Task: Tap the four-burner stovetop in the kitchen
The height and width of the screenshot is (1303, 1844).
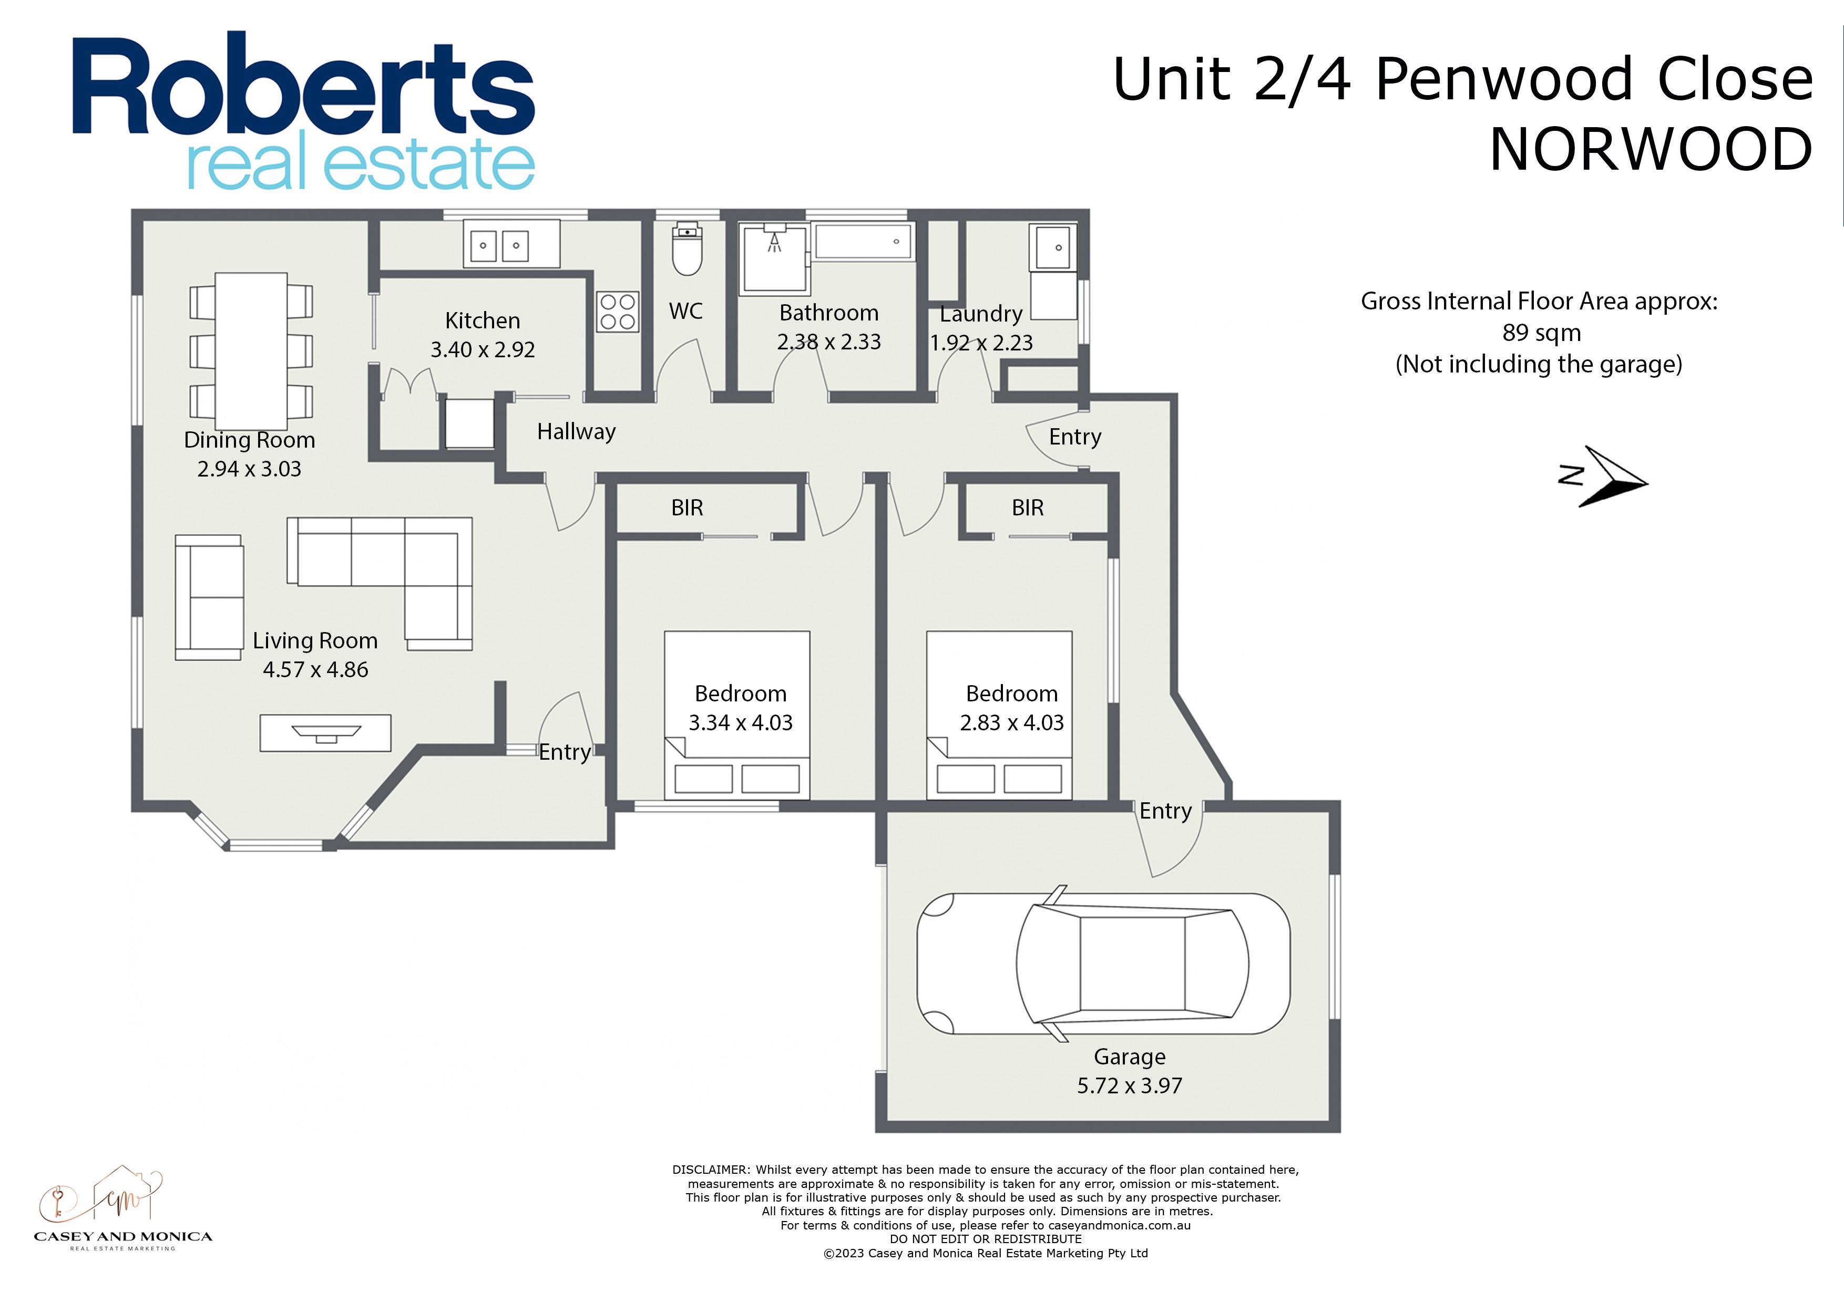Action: (x=618, y=312)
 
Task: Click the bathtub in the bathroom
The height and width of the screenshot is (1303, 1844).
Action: (x=863, y=241)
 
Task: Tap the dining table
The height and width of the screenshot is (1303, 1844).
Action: (x=251, y=351)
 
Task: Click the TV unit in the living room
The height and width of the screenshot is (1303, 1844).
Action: (x=325, y=733)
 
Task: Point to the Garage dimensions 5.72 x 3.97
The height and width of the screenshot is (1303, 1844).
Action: (x=1129, y=1086)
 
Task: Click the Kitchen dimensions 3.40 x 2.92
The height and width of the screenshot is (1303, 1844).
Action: (x=483, y=350)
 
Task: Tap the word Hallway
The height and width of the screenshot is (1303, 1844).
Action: (x=577, y=432)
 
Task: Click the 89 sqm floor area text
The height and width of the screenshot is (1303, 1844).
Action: (x=1541, y=333)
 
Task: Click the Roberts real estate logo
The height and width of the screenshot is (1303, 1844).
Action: (x=304, y=111)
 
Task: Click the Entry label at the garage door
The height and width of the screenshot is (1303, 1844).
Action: (x=1165, y=811)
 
